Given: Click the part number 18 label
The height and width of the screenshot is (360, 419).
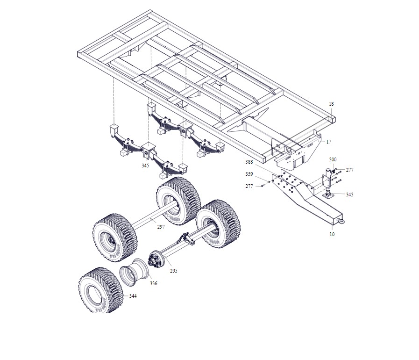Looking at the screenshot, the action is (331, 104).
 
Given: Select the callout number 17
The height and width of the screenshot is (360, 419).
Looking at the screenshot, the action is (329, 142).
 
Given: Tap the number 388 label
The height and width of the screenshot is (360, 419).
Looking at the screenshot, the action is (249, 162).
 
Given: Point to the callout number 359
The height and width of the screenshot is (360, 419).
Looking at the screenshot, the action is (249, 174).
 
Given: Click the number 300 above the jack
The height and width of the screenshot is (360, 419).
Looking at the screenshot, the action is (333, 159).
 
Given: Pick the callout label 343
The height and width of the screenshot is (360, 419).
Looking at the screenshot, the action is (349, 194).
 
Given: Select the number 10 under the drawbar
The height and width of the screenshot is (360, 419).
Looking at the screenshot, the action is (332, 234).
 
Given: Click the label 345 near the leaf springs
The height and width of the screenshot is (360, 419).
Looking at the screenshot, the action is (145, 166).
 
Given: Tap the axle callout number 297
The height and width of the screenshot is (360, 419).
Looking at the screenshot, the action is (161, 227).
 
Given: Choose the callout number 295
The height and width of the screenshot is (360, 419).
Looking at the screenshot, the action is (173, 271).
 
